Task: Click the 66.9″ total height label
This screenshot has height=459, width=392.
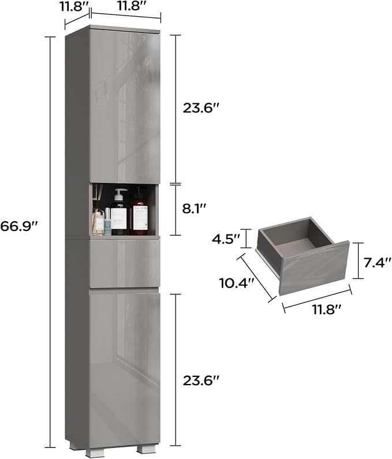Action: point(19,226)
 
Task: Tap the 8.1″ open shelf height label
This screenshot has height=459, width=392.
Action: point(195,210)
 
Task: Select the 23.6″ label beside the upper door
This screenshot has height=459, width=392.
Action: point(201,109)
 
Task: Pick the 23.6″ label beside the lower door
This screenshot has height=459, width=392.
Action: point(201,380)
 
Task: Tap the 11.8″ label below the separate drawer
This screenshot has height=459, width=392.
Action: point(326,309)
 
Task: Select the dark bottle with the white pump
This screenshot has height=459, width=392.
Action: point(119,212)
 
